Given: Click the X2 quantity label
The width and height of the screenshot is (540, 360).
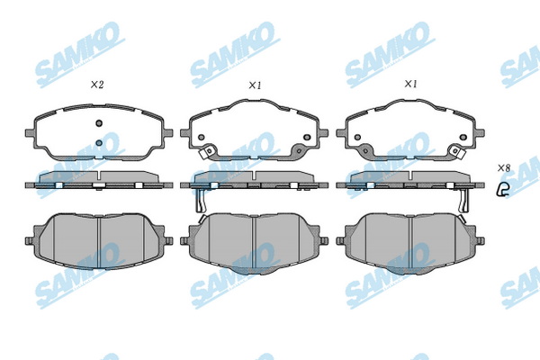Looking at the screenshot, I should (97, 85).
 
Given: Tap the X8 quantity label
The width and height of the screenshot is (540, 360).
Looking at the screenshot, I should (504, 168).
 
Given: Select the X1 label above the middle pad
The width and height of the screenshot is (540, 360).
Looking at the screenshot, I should (255, 85).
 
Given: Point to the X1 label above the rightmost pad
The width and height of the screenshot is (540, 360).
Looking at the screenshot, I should (410, 85).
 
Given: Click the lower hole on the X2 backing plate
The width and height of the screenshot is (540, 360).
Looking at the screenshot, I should (98, 141).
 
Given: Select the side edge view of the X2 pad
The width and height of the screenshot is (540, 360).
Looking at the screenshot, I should (97, 181).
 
